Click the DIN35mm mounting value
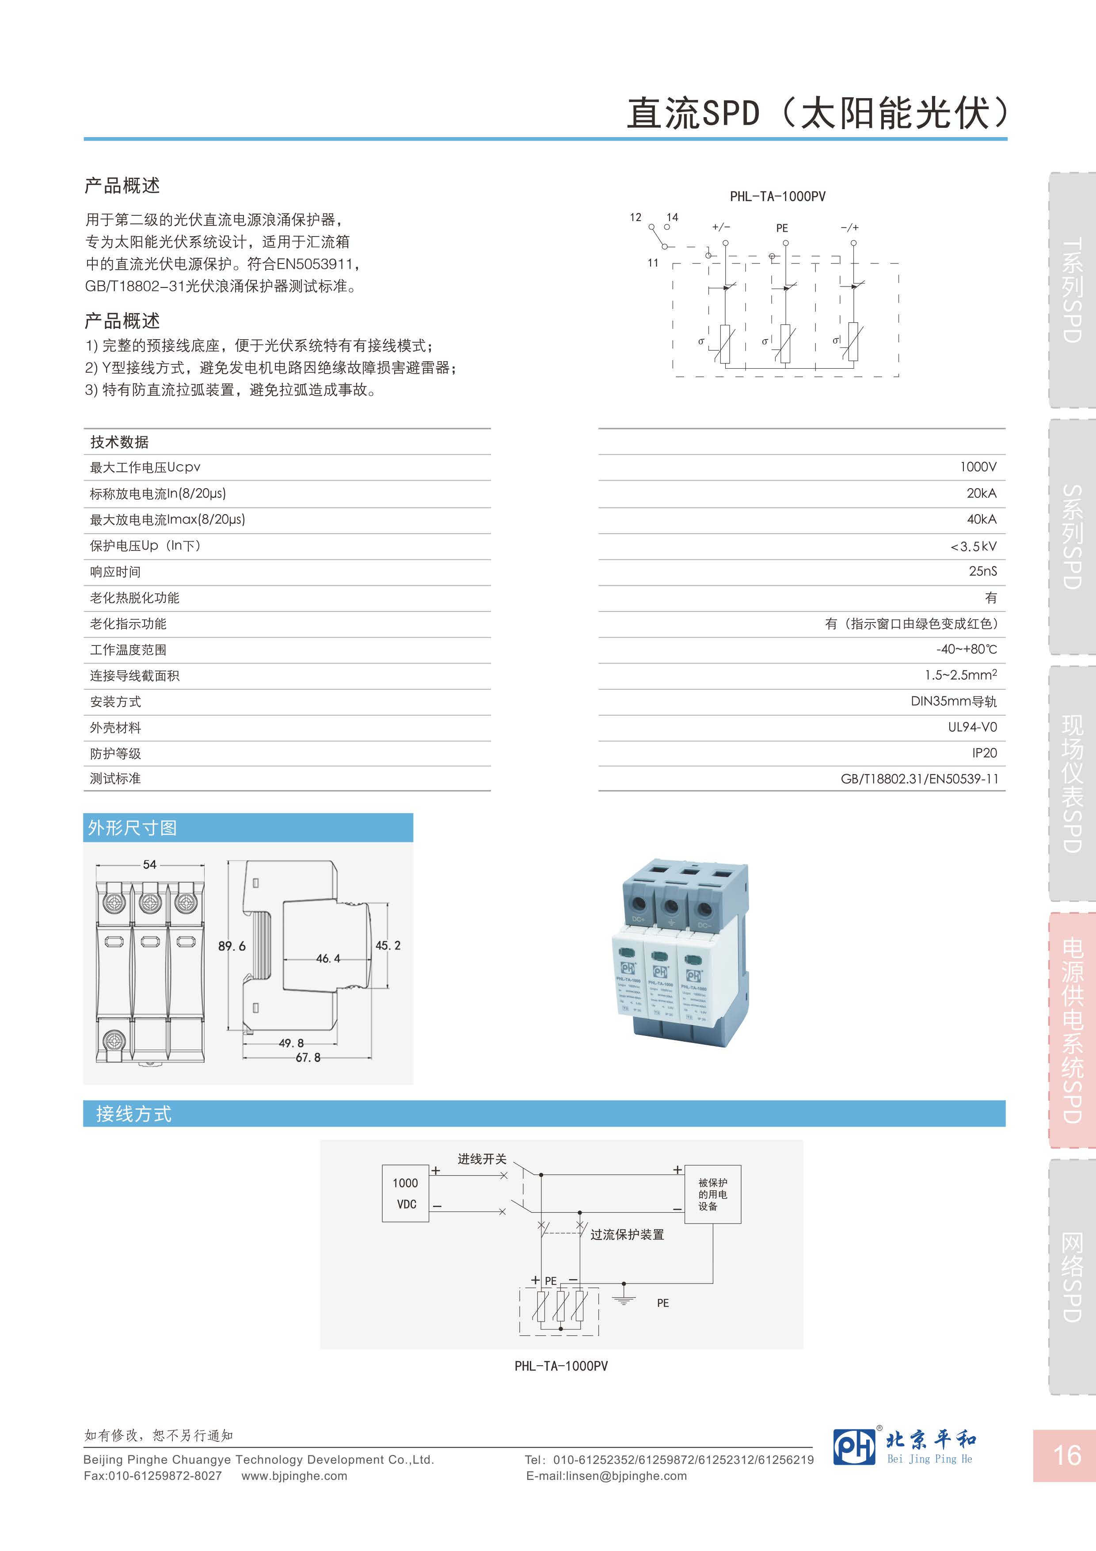(x=953, y=701)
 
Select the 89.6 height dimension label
(x=232, y=947)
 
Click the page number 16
(x=1067, y=1455)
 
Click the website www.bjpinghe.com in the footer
(x=294, y=1476)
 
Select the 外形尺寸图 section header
(x=132, y=828)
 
